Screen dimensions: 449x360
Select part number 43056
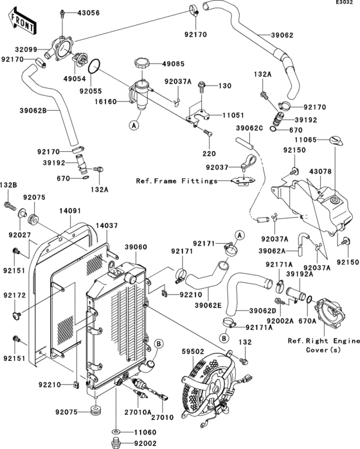89,13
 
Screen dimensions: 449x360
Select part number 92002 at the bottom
147,443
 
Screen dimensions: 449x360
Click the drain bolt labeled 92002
116,443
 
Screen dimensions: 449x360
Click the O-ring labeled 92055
94,66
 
